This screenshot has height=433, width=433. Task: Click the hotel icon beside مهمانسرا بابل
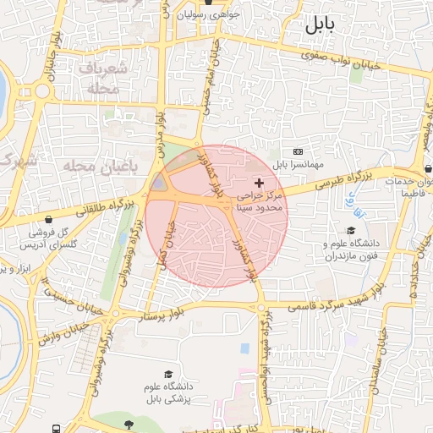(297, 150)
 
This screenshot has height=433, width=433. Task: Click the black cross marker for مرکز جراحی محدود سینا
(259, 184)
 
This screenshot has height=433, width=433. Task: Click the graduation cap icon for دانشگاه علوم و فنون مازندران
(350, 230)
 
